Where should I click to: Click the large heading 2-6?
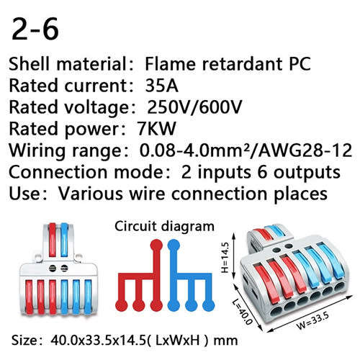[35, 29]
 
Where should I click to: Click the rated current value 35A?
[161, 86]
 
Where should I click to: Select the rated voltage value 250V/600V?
[194, 107]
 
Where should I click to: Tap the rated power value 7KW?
[156, 129]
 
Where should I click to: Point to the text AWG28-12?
[305, 150]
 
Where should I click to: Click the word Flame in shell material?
[171, 64]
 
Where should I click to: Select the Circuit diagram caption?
[164, 226]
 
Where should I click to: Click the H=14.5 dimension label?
[225, 257]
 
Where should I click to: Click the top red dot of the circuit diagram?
[156, 246]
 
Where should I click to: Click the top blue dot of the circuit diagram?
[174, 246]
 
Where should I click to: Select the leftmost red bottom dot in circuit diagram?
[122, 305]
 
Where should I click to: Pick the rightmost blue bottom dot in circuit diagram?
[208, 305]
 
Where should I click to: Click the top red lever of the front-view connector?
[53, 240]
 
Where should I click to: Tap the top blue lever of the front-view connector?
[64, 240]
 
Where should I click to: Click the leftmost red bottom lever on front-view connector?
[29, 297]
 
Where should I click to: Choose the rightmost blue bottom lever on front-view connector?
[88, 297]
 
